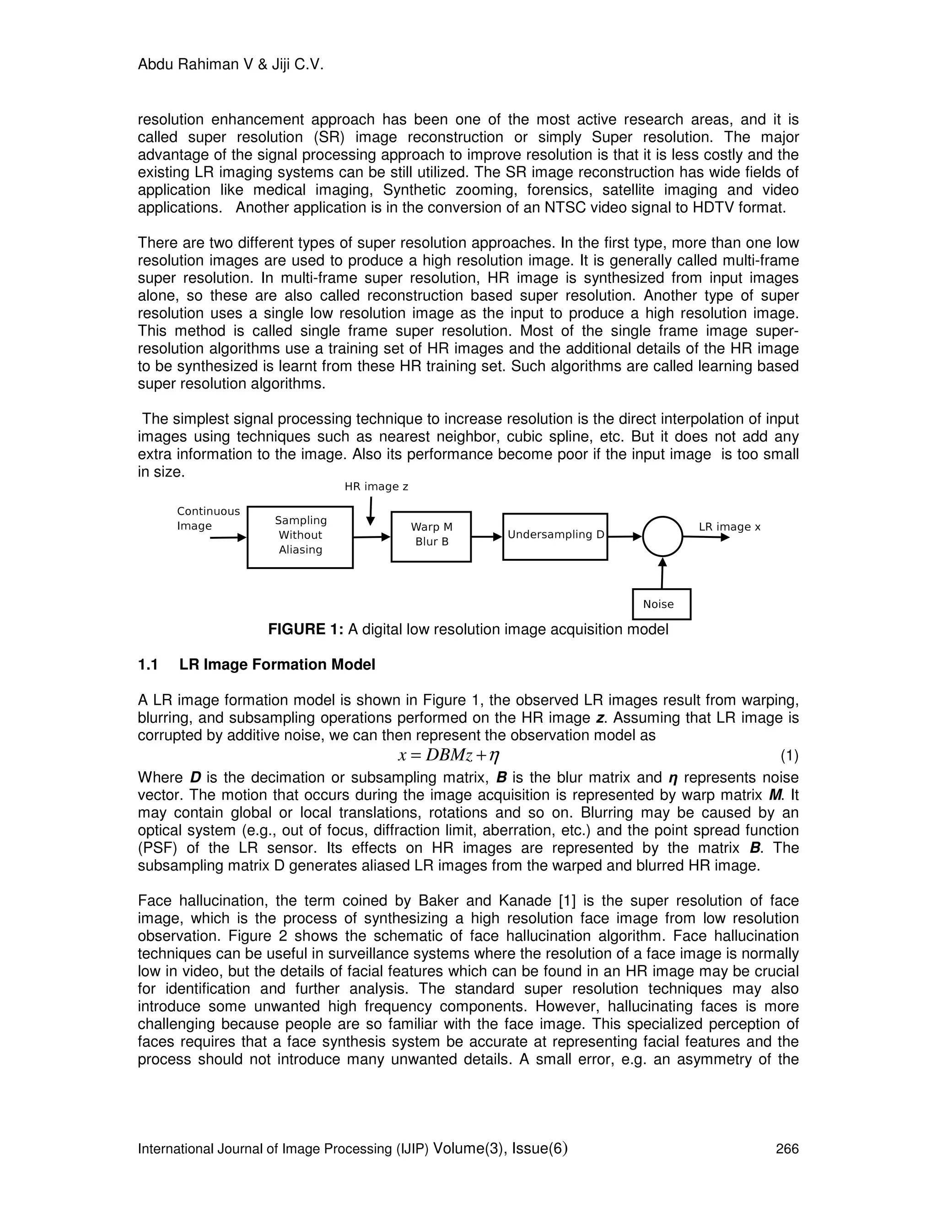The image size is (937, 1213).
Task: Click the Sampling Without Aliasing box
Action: tap(300, 536)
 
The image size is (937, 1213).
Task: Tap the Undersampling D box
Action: tap(555, 536)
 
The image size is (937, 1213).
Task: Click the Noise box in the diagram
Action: tap(661, 604)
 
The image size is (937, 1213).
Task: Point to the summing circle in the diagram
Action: tap(662, 536)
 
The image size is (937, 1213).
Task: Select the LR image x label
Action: tap(729, 526)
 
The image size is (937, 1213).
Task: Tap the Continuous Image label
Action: tap(208, 518)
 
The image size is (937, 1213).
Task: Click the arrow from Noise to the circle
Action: tap(662, 573)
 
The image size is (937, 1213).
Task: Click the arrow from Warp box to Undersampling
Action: tap(486, 536)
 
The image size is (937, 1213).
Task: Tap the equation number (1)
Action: tap(789, 755)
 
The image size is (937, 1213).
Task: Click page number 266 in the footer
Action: tap(786, 1148)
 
